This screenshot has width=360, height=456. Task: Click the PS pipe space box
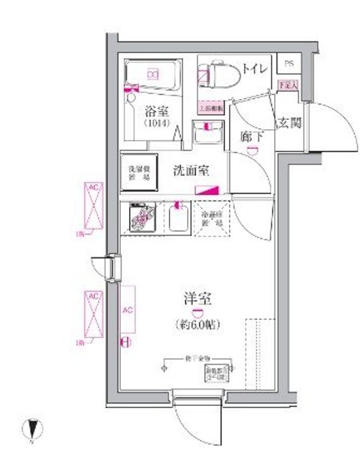pyautogui.click(x=289, y=64)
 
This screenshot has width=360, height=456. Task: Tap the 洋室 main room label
pyautogui.click(x=197, y=298)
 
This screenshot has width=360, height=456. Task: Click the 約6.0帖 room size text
pyautogui.click(x=197, y=325)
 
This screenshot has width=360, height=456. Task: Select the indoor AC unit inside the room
pyautogui.click(x=127, y=310)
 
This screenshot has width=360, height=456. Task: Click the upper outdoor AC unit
pyautogui.click(x=94, y=205)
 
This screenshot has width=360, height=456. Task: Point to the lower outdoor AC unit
pyautogui.click(x=94, y=315)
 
